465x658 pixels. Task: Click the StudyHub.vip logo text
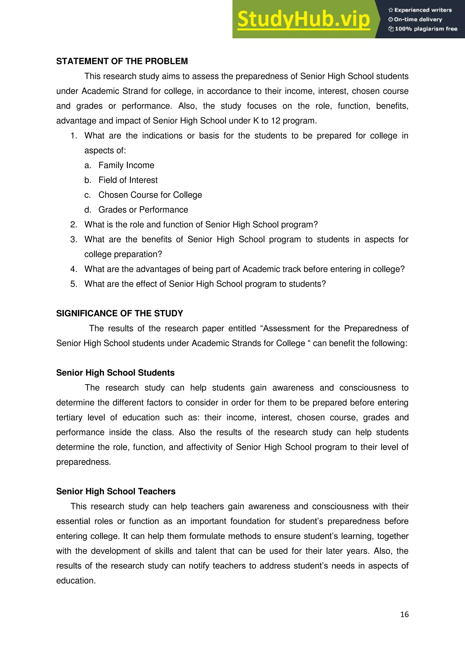304,20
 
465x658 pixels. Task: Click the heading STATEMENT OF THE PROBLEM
122,61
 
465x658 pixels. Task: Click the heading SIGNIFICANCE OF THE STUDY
119,314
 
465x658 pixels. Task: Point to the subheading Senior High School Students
115,373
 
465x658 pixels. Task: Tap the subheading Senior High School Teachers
116,491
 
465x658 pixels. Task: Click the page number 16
404,614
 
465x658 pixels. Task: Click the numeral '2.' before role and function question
74,225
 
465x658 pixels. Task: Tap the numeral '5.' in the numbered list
74,284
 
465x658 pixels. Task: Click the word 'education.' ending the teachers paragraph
76,581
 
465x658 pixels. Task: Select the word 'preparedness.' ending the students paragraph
83,462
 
